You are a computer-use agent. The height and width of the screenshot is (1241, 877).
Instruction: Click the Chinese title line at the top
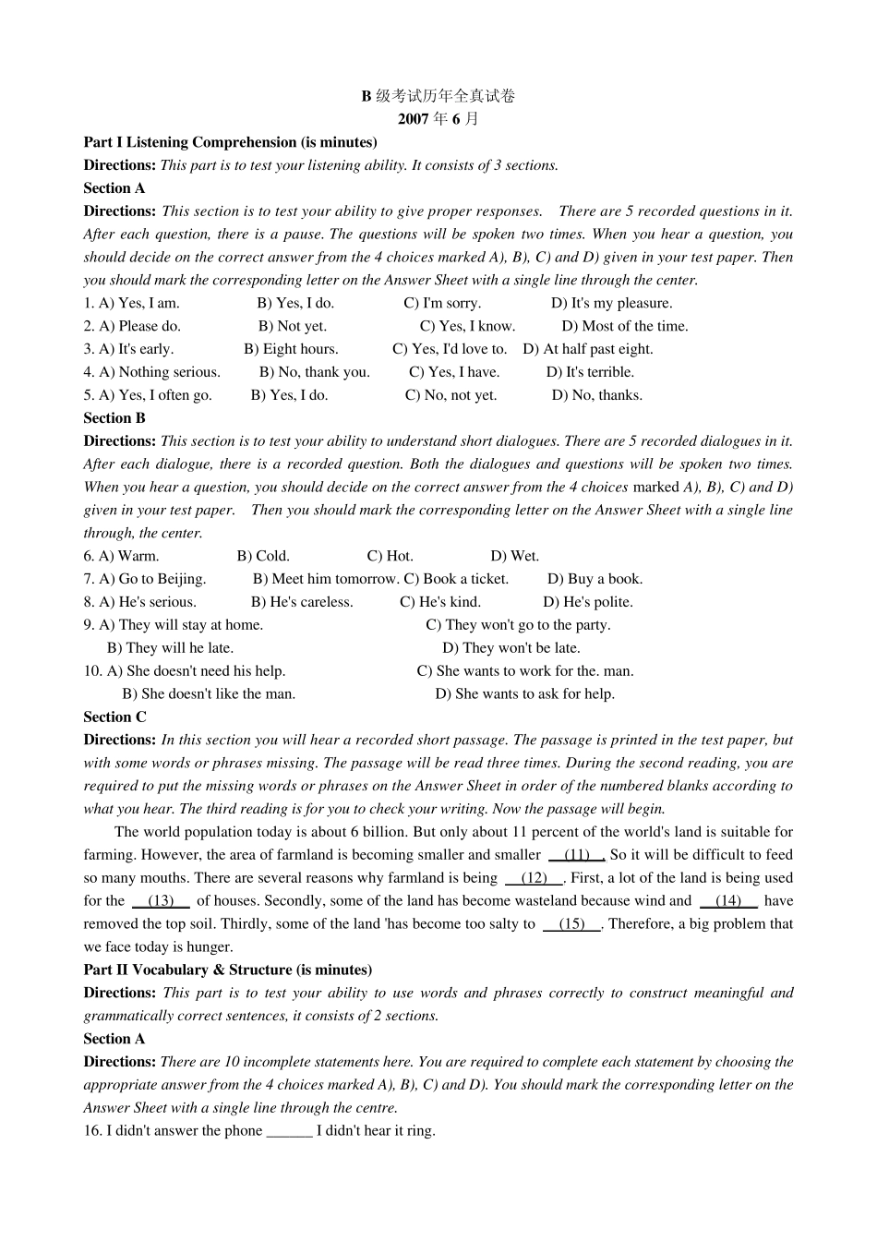(438, 96)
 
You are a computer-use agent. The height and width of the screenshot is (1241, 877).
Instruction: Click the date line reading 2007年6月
(438, 119)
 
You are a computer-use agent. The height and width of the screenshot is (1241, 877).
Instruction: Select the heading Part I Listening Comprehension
(230, 142)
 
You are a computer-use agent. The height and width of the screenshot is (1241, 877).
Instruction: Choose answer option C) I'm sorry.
(442, 303)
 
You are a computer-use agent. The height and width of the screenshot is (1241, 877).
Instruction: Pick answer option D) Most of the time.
(625, 326)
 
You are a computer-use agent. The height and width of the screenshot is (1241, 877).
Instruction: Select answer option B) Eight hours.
(291, 349)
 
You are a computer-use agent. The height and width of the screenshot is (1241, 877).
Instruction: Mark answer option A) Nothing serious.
(151, 372)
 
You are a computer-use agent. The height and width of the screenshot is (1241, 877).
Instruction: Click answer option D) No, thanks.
(597, 395)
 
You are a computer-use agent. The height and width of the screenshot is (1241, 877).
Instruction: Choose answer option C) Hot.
(390, 556)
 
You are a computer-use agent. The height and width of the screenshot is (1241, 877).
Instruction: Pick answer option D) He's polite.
(588, 602)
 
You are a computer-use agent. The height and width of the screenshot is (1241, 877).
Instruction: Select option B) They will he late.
(170, 648)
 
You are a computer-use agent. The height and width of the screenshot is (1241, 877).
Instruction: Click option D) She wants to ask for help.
(525, 694)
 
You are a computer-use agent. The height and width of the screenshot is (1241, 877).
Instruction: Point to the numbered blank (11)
(576, 855)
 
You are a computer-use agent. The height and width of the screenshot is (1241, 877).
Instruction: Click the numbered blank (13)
(161, 901)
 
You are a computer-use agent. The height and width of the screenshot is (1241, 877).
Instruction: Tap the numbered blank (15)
(571, 924)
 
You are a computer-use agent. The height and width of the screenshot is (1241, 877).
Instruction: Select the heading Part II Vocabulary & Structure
(227, 970)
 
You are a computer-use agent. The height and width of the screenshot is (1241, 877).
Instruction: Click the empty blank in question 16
(289, 1131)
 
